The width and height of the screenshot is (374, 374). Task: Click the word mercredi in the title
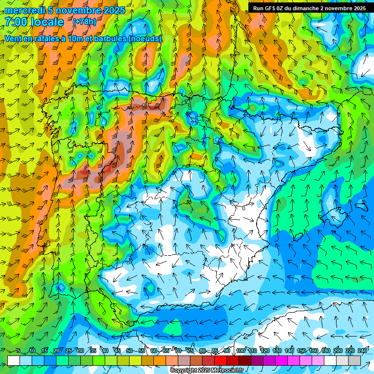(24, 10)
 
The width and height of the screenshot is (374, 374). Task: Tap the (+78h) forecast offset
(84, 21)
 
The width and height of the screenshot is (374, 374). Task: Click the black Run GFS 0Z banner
(309, 8)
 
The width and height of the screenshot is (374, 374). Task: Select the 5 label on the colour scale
(18, 351)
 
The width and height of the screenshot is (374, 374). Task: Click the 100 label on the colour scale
(241, 351)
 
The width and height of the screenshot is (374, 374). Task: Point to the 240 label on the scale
(362, 351)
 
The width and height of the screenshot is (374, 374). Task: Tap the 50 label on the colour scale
(129, 351)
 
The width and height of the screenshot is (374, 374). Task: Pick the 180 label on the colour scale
(326, 351)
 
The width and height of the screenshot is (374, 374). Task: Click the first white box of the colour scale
(14, 360)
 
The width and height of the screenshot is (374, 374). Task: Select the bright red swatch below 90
(221, 360)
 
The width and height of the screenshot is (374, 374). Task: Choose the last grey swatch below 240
(355, 360)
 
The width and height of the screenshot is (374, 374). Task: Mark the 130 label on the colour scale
(277, 351)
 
